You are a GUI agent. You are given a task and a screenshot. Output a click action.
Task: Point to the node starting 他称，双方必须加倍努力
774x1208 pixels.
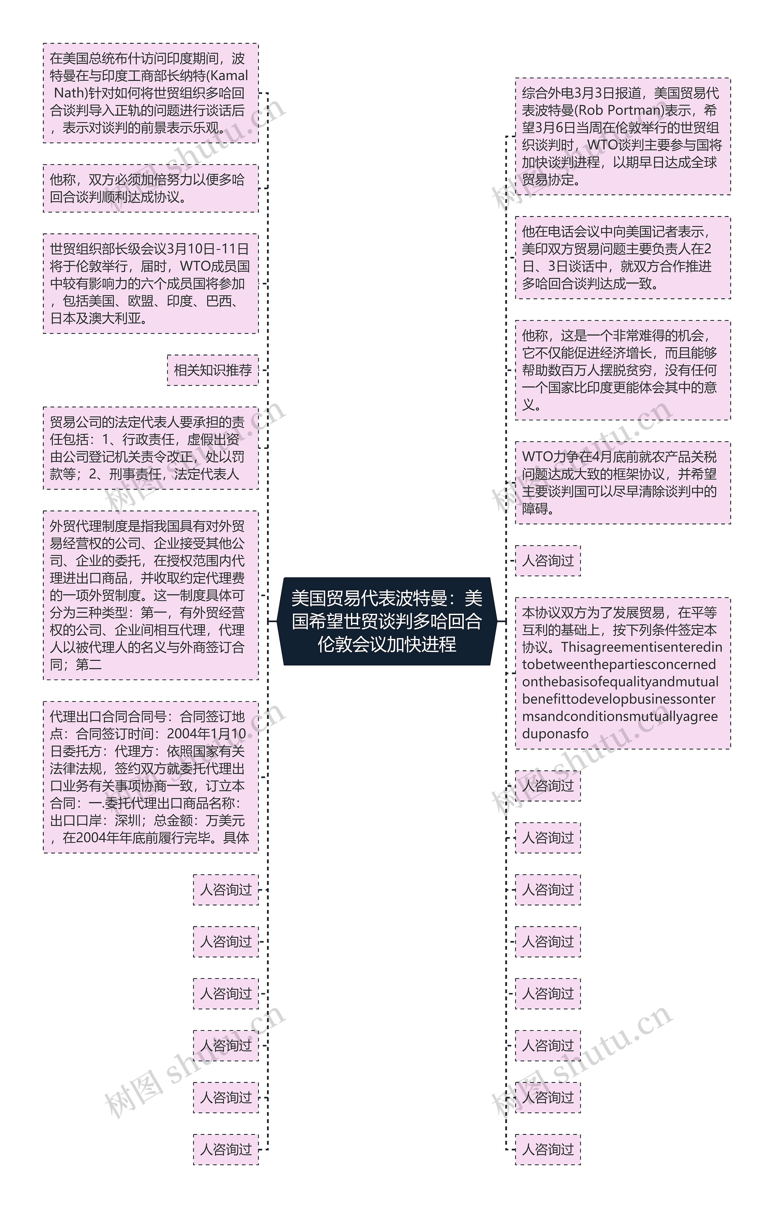150,188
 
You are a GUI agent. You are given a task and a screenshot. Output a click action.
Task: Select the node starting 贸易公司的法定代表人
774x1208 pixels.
150,448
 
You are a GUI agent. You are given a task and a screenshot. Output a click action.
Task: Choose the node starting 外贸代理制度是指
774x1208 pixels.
150,595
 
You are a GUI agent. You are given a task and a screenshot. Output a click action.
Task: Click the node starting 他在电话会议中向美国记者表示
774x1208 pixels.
623,258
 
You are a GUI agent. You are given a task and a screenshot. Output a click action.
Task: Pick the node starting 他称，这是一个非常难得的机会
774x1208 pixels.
623,370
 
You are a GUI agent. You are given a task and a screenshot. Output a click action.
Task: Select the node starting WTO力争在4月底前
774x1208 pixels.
623,483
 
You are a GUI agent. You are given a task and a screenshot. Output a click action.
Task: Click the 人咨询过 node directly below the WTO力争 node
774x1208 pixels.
548,561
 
